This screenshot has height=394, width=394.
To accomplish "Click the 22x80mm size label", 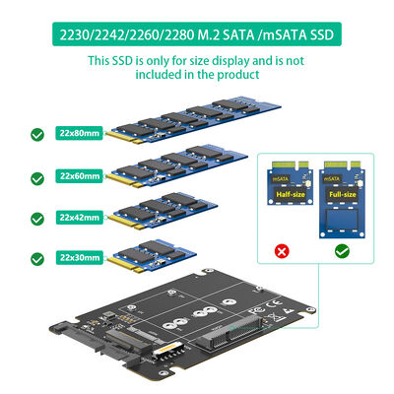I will click(80, 133).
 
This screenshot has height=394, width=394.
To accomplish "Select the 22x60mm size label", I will click(80, 175).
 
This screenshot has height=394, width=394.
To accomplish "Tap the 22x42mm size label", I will click(80, 216).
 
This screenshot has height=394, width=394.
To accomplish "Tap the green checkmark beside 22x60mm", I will click(37, 177).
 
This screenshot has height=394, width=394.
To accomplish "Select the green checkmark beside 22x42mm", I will click(37, 218).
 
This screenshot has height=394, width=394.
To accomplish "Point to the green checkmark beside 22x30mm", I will click(37, 258).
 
